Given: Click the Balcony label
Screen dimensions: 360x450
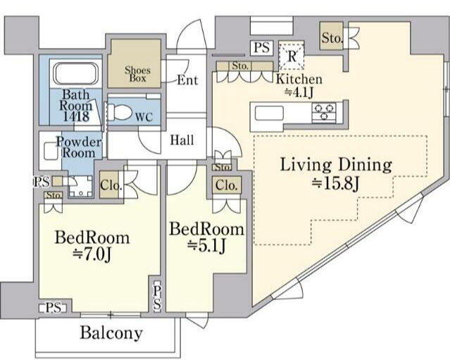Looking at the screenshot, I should [x=111, y=333].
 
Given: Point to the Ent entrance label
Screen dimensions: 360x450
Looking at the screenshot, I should [x=187, y=80].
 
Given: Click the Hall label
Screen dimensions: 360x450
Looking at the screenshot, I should [x=182, y=140].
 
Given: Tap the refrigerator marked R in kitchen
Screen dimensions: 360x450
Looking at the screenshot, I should [x=291, y=54].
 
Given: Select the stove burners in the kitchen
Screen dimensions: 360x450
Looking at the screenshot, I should [x=325, y=111].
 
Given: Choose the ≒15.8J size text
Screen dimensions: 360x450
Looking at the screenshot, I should [x=336, y=185].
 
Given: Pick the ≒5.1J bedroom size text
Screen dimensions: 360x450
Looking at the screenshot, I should [x=205, y=246].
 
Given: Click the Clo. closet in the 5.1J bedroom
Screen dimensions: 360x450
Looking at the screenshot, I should [x=226, y=186].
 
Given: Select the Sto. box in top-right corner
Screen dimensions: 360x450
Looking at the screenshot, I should [x=332, y=37].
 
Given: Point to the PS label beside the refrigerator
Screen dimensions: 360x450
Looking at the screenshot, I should [x=261, y=49].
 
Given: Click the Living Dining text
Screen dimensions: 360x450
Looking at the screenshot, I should [x=336, y=166].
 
